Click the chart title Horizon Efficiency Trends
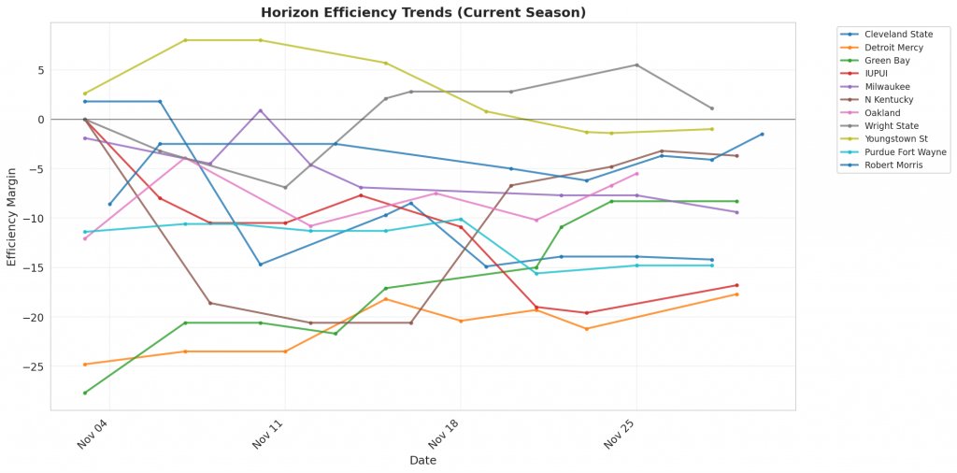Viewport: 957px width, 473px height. click(422, 13)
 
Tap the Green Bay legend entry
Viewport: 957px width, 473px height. click(887, 61)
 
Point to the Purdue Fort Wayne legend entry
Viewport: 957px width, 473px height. click(905, 151)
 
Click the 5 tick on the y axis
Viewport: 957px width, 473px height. click(40, 70)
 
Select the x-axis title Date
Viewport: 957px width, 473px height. click(422, 460)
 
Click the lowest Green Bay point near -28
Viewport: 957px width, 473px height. click(85, 393)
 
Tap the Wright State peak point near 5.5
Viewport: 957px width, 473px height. click(636, 64)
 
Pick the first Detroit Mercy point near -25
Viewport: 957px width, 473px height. click(85, 365)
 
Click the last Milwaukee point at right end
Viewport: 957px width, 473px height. click(736, 212)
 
